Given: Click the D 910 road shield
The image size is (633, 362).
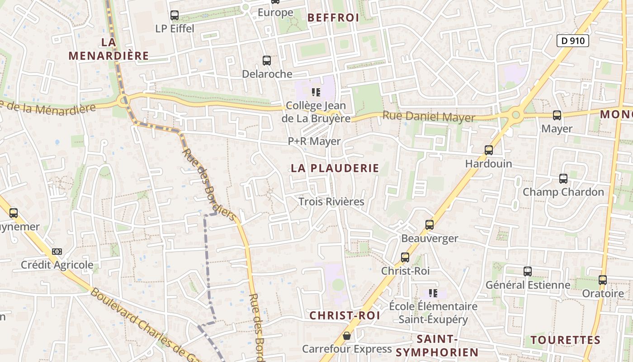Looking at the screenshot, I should pyautogui.click(x=572, y=41).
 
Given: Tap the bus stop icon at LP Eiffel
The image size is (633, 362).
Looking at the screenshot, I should pyautogui.click(x=175, y=15).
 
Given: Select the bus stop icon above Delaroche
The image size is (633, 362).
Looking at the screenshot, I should pyautogui.click(x=267, y=60).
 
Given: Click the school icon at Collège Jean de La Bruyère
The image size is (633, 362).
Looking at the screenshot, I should pyautogui.click(x=316, y=92).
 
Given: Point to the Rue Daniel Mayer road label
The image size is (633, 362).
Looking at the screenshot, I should pyautogui.click(x=429, y=117).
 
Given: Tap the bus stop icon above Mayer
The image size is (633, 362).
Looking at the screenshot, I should pyautogui.click(x=557, y=115).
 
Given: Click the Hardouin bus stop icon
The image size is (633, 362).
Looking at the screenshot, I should pyautogui.click(x=489, y=150).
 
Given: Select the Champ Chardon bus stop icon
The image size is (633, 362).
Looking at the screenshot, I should pyautogui.click(x=563, y=179).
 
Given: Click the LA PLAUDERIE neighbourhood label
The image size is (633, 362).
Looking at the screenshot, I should pyautogui.click(x=335, y=168).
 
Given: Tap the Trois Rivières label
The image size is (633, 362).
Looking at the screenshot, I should pyautogui.click(x=331, y=202).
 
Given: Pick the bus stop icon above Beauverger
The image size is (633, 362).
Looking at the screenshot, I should pyautogui.click(x=430, y=225).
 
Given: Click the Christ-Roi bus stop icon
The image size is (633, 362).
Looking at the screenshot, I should pyautogui.click(x=405, y=257).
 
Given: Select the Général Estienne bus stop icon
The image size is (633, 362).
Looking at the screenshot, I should pyautogui.click(x=528, y=271).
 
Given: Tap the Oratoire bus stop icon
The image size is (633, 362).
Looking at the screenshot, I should pyautogui.click(x=603, y=280).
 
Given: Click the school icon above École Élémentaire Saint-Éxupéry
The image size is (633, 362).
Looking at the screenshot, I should pyautogui.click(x=433, y=293).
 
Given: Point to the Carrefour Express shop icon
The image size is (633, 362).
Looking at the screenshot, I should pyautogui.click(x=347, y=336).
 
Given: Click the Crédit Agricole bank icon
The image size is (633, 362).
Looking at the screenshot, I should pyautogui.click(x=57, y=252).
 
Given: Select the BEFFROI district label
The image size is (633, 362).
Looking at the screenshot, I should pyautogui.click(x=333, y=18).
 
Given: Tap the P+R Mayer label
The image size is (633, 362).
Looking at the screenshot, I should pyautogui.click(x=314, y=142).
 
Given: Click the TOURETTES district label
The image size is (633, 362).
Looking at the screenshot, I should pyautogui.click(x=565, y=340).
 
